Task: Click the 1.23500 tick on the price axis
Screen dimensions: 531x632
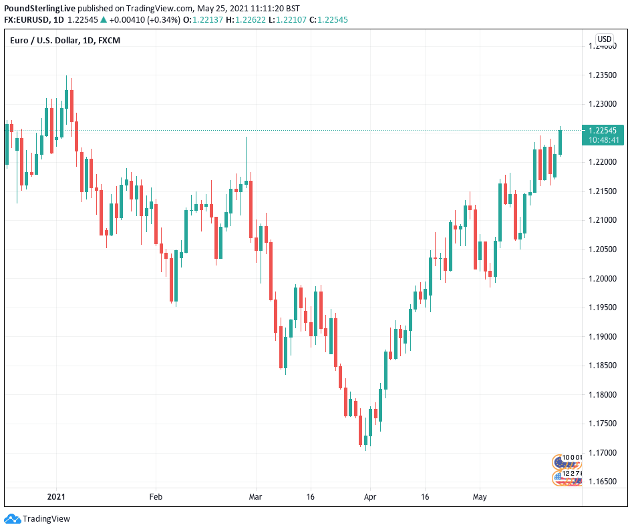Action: click(601, 75)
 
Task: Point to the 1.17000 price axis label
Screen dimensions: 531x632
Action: click(601, 453)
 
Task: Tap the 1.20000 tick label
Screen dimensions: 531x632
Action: click(601, 279)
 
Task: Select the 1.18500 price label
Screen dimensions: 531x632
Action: click(601, 366)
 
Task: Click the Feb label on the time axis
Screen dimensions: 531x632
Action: click(156, 497)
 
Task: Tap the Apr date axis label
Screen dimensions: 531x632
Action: click(370, 497)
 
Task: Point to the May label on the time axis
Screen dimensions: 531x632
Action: click(480, 497)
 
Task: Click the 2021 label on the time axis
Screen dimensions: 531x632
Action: click(56, 497)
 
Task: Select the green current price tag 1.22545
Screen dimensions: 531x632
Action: click(603, 130)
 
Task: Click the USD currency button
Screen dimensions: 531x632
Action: click(604, 39)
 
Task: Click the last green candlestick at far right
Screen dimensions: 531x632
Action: click(560, 142)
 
